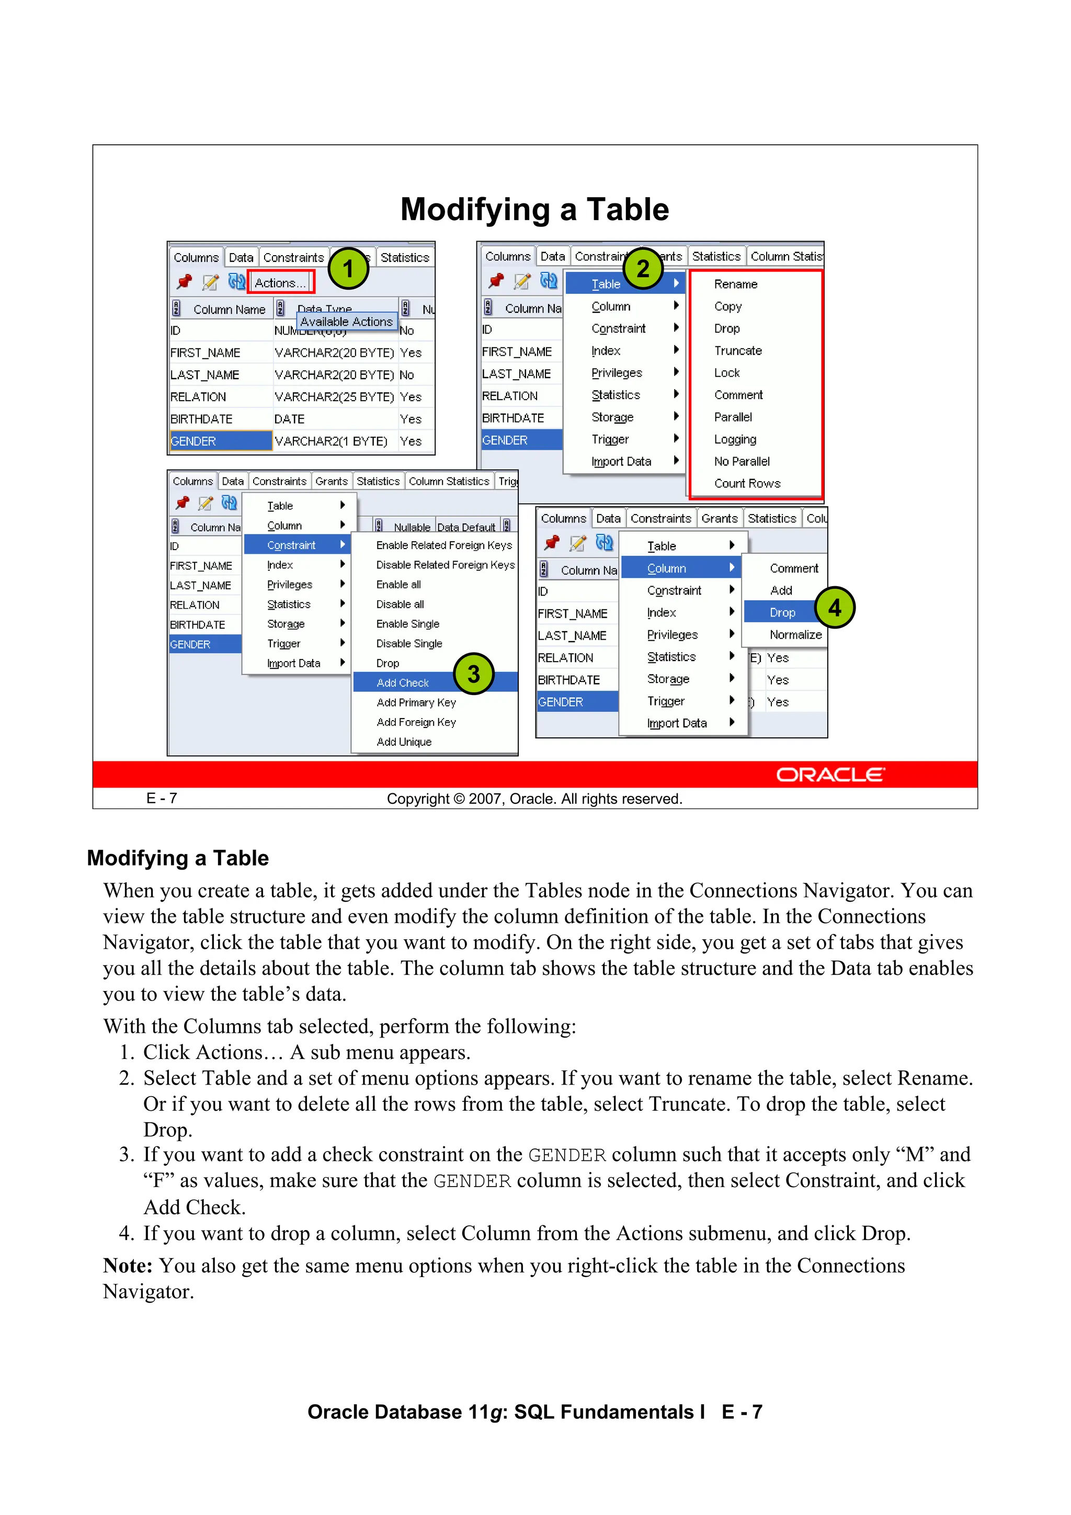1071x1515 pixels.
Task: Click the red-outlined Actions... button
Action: click(x=280, y=283)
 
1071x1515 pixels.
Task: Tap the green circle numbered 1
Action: click(x=348, y=269)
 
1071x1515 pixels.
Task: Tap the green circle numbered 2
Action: click(x=643, y=269)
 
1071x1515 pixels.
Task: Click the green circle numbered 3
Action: click(x=474, y=674)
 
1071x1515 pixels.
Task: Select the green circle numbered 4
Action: click(x=835, y=607)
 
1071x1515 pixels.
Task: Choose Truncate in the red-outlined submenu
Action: click(x=738, y=350)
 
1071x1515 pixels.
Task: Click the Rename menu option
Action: click(x=735, y=284)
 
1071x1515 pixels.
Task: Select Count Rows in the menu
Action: click(x=747, y=484)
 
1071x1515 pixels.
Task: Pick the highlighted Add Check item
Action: click(x=403, y=683)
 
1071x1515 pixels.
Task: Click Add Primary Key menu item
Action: click(x=416, y=703)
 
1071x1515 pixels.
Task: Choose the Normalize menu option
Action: click(x=795, y=635)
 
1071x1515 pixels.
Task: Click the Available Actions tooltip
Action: click(x=346, y=321)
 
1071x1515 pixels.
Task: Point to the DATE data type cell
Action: click(x=290, y=419)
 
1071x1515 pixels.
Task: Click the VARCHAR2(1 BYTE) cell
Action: click(x=331, y=441)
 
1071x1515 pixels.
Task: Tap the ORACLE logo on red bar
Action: click(x=830, y=774)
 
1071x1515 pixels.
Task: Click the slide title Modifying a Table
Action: click(x=534, y=210)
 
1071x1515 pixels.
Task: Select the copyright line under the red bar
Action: click(x=534, y=799)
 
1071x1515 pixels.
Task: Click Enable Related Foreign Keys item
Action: click(x=443, y=545)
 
